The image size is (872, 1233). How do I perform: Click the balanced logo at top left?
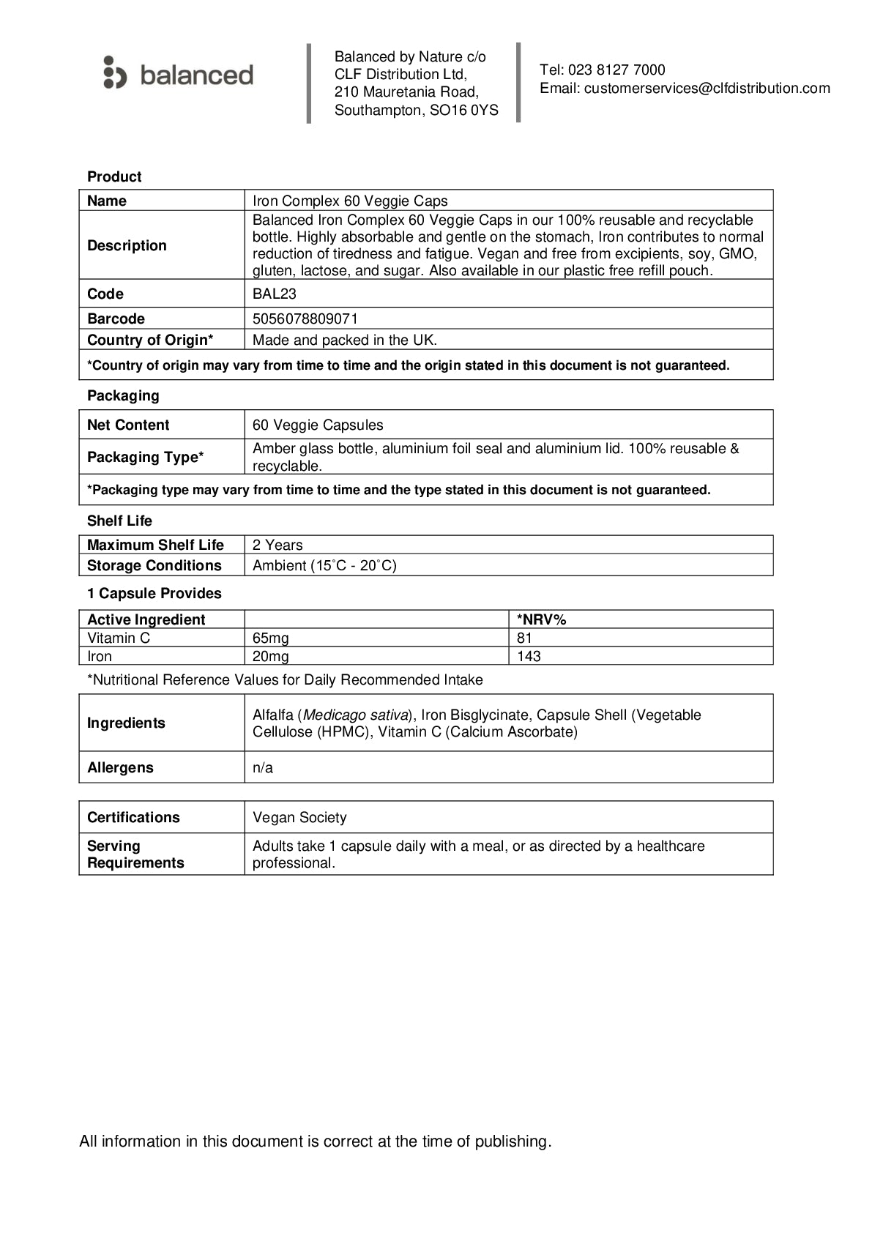tap(178, 74)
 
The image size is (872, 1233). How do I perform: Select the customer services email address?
tap(707, 89)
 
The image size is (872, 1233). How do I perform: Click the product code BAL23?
tap(274, 294)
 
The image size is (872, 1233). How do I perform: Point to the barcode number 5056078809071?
tap(305, 319)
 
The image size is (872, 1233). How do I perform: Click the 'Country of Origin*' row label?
tap(150, 340)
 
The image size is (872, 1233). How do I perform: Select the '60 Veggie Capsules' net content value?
tap(318, 425)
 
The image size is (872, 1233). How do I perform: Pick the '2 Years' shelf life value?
tap(277, 545)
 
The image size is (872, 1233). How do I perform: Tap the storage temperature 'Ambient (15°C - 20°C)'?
tap(324, 565)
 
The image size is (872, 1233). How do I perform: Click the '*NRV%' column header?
tap(541, 619)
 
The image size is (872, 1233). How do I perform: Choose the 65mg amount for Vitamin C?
tap(271, 638)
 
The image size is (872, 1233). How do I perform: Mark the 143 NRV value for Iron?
tap(529, 656)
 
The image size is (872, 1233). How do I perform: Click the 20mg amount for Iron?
tap(271, 656)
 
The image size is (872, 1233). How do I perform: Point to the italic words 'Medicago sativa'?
tap(355, 715)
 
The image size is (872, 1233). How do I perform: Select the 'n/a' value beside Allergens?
tap(263, 767)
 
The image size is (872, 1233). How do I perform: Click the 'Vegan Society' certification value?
tap(299, 817)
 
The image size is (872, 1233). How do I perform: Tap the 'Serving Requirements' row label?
tap(135, 854)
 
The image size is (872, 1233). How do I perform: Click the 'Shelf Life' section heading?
tap(119, 521)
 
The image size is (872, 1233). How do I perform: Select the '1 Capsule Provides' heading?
tap(154, 593)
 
